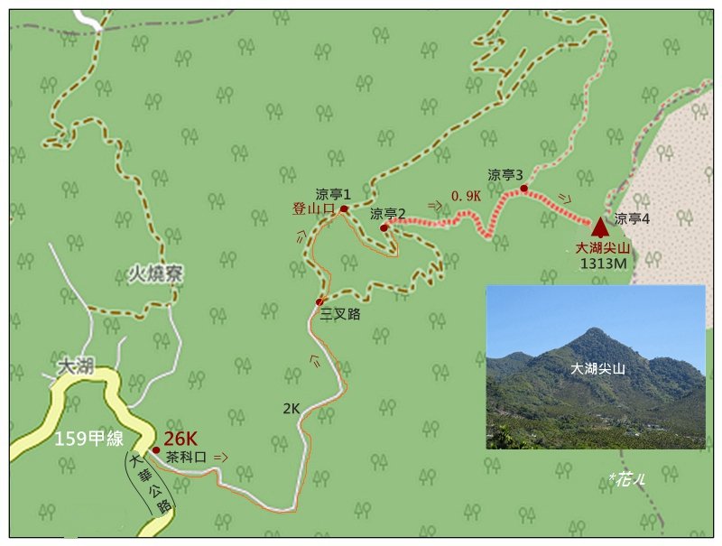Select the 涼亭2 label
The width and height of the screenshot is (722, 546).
click(387, 214)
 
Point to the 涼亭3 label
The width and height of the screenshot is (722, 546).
click(505, 175)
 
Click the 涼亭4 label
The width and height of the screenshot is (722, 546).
click(632, 218)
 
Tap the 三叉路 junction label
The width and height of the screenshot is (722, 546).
click(340, 315)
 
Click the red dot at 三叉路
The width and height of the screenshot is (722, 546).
click(319, 301)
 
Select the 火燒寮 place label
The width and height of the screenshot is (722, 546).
click(154, 274)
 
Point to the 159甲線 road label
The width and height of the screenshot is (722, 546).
click(89, 440)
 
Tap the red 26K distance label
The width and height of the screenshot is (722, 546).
click(180, 438)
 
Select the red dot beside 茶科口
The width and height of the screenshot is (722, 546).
click(156, 449)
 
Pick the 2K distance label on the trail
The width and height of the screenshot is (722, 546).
click(291, 409)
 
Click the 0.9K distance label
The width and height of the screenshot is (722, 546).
click(466, 195)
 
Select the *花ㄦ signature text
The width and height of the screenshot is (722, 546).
click(625, 480)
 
